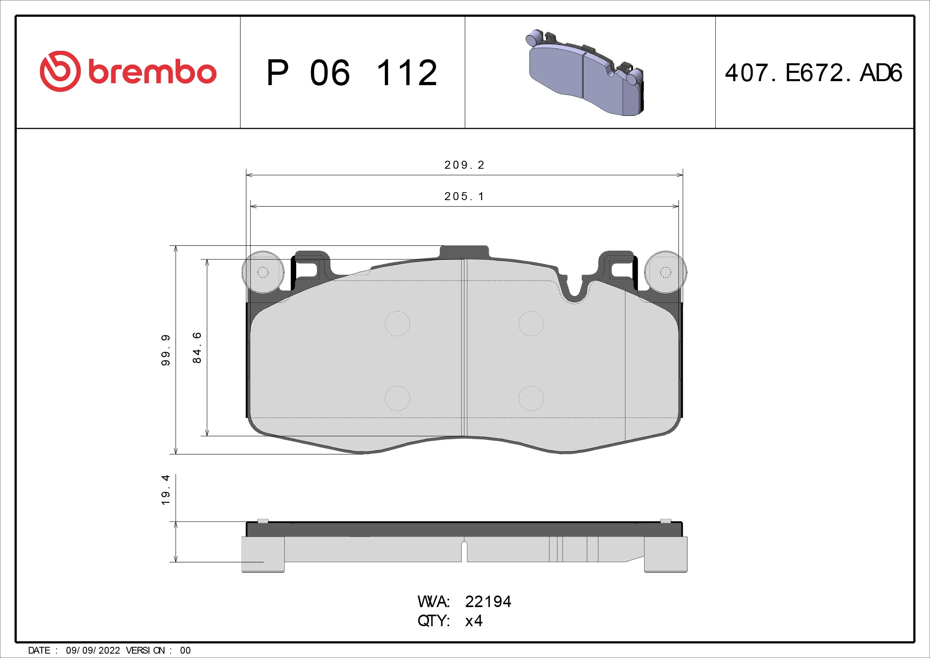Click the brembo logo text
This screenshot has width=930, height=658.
pyautogui.click(x=152, y=72)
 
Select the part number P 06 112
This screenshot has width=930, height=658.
pyautogui.click(x=351, y=73)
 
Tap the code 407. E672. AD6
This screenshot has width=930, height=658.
pyautogui.click(x=814, y=73)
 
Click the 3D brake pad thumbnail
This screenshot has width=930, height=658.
pyautogui.click(x=586, y=73)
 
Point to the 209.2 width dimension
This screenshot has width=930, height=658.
pyautogui.click(x=464, y=165)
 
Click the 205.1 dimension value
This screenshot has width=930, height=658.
pyautogui.click(x=464, y=197)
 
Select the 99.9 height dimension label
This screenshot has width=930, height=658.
pyautogui.click(x=166, y=350)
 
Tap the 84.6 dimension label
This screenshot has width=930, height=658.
pyautogui.click(x=197, y=348)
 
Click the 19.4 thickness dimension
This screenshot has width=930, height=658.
pyautogui.click(x=166, y=490)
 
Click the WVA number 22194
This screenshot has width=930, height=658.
pyautogui.click(x=488, y=602)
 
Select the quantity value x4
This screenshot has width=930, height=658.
pyautogui.click(x=474, y=621)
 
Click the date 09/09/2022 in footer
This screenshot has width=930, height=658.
pyautogui.click(x=93, y=650)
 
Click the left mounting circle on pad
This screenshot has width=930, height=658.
pyautogui.click(x=262, y=272)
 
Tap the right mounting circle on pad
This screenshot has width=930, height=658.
pyautogui.click(x=666, y=272)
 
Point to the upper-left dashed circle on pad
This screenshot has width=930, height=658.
pyautogui.click(x=397, y=323)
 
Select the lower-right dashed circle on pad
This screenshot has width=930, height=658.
pyautogui.click(x=531, y=398)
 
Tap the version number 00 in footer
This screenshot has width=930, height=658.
pyautogui.click(x=185, y=650)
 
